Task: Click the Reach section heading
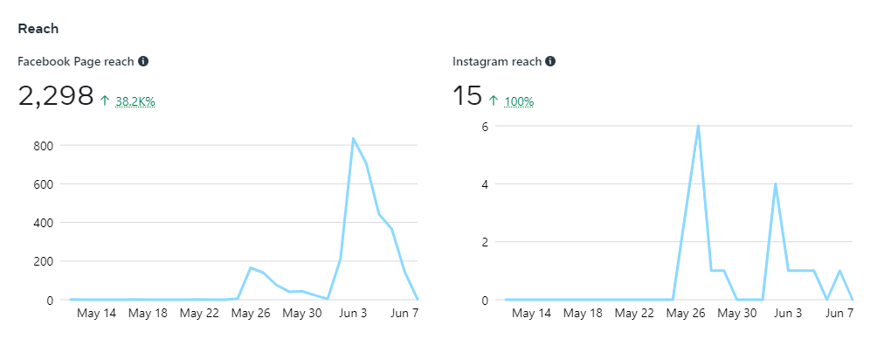38,29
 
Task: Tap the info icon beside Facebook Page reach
143,61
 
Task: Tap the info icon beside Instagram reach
550,61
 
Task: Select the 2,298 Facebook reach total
56,96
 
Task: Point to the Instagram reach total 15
467,96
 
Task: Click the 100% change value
519,101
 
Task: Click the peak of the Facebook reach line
353,138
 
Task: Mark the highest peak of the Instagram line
698,126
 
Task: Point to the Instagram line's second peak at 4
776,183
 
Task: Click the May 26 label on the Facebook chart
251,313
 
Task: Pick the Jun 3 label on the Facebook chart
353,313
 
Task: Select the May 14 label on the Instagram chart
532,313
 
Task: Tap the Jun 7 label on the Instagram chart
839,313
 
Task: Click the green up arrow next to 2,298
105,101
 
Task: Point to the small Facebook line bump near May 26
251,267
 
